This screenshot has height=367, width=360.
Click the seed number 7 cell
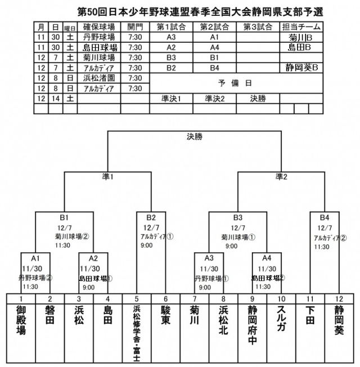coord(194,298)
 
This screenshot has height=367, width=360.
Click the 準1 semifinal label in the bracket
coord(107,176)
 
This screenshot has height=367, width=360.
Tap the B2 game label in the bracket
coord(151,217)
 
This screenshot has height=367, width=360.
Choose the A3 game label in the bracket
coord(209,258)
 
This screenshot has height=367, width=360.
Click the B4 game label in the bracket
coord(324,217)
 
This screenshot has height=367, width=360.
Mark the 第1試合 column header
coord(171,26)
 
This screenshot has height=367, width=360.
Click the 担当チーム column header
coord(301,26)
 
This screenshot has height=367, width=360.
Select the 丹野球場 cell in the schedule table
coord(99,37)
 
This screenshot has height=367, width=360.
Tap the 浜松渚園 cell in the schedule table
coord(99,78)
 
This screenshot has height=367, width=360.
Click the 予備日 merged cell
coord(236,83)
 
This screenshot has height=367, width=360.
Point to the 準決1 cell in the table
coord(171,98)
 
